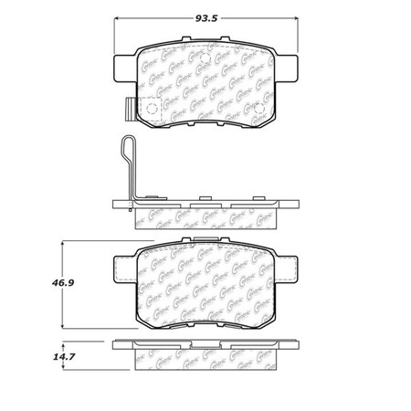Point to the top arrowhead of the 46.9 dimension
click(62, 242)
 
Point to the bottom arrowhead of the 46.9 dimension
click(62, 330)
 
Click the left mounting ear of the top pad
click(122, 67)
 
